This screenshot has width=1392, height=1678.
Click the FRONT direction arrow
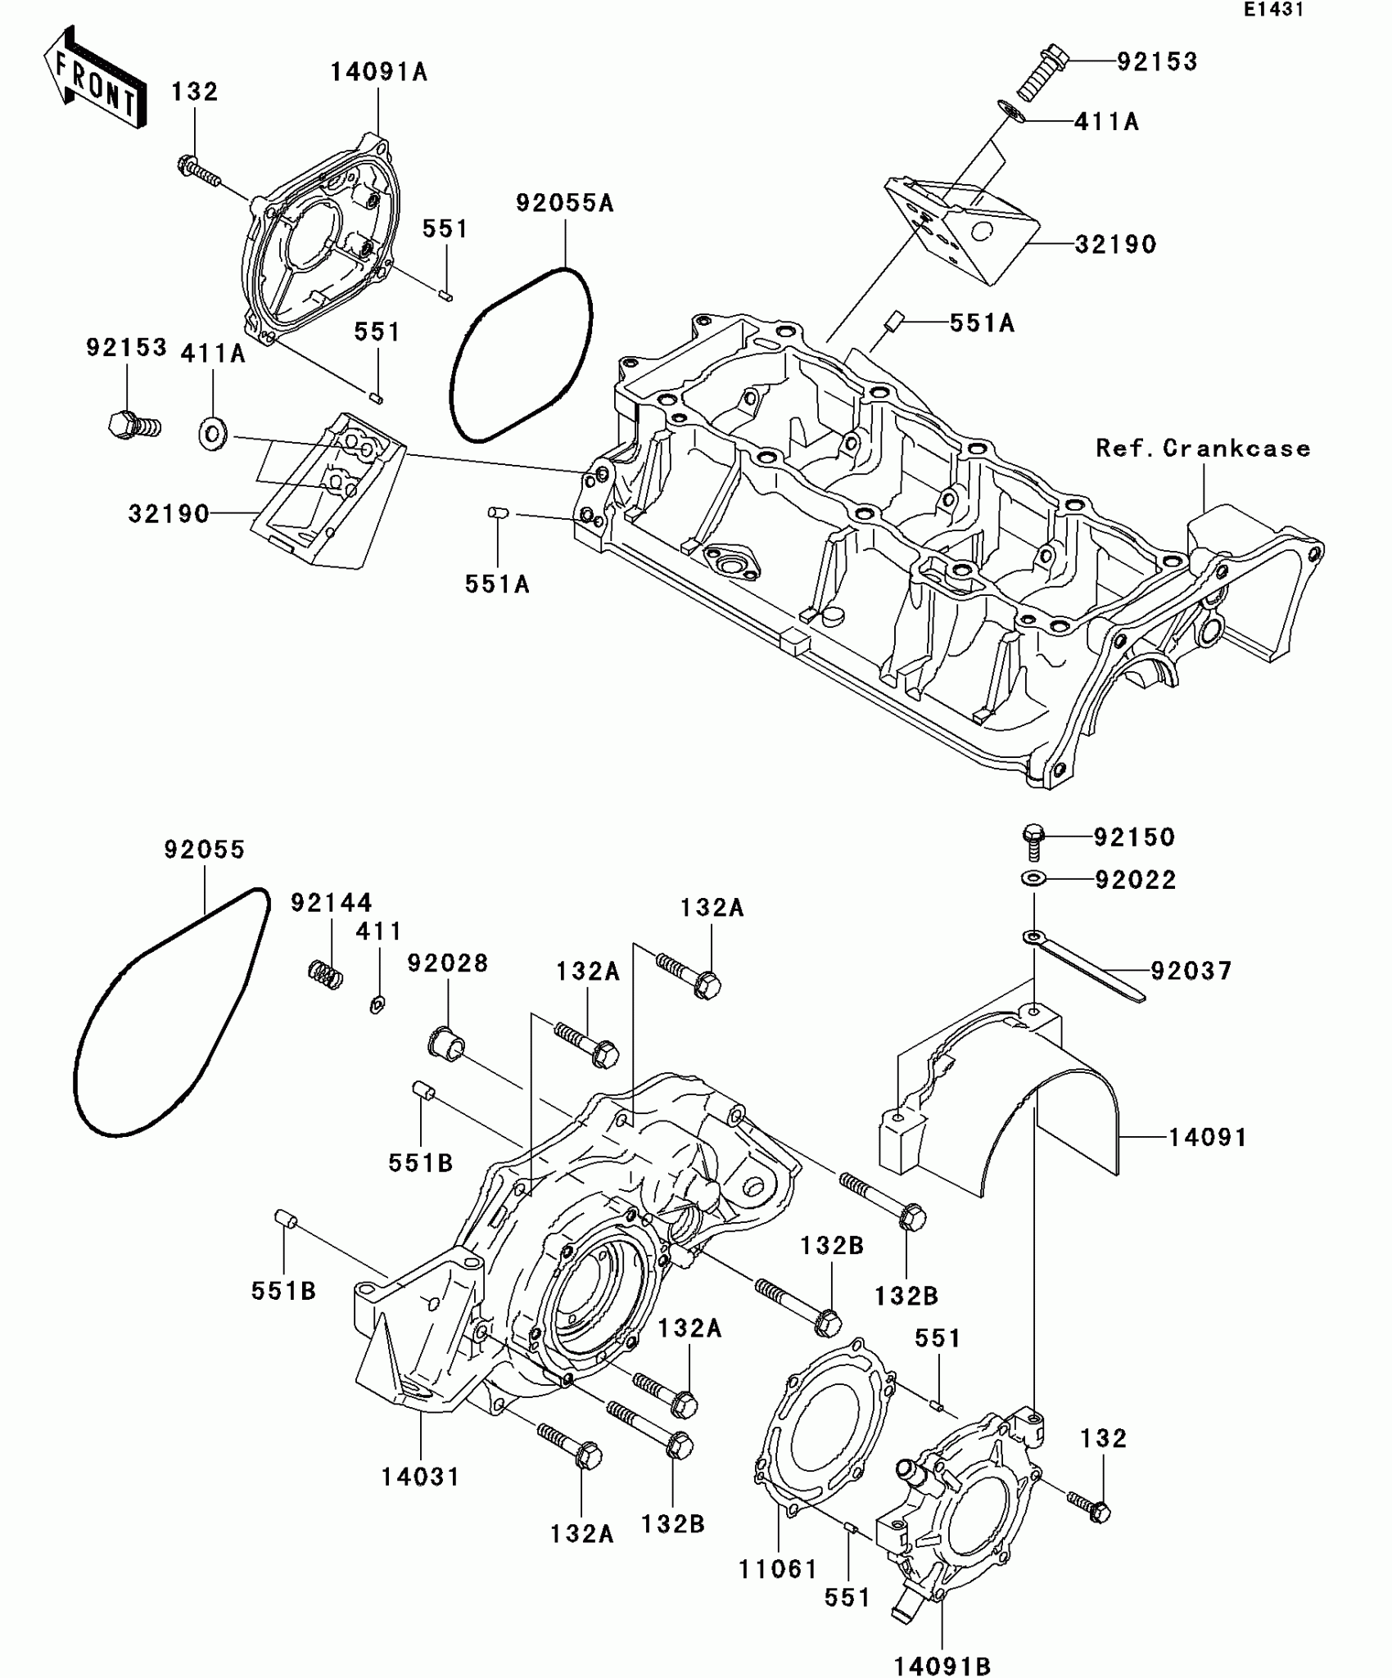94,79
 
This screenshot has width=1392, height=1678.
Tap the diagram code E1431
1272,10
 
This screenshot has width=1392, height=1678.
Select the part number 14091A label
378,73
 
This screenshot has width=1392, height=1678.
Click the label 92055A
564,204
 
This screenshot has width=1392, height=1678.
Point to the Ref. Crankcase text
1203,449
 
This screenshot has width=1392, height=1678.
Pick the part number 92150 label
1134,837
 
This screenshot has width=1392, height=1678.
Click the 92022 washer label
1135,880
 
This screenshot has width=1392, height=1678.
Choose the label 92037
1191,972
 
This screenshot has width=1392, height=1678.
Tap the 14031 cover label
420,1477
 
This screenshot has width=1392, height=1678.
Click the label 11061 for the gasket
778,1570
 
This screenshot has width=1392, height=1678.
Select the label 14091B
942,1666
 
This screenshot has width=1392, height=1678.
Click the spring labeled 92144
325,974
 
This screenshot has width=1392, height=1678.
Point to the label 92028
448,963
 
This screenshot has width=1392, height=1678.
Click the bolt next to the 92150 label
1033,841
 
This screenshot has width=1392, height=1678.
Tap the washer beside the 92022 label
1033,879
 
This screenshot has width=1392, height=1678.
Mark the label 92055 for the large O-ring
204,850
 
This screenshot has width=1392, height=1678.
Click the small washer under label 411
377,1004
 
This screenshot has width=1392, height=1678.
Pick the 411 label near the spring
378,931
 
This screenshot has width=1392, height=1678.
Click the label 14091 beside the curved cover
1207,1138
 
